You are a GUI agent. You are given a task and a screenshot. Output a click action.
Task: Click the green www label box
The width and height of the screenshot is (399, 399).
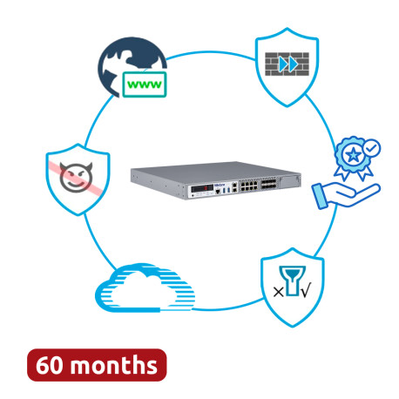145,85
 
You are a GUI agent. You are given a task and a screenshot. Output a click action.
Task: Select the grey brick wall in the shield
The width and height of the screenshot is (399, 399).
287,64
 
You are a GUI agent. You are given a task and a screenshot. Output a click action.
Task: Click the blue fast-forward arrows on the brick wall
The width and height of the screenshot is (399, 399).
288,64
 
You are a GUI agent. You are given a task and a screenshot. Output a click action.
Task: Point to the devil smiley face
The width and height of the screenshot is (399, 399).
76,177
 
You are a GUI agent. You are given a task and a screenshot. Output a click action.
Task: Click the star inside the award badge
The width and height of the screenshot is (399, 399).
353,155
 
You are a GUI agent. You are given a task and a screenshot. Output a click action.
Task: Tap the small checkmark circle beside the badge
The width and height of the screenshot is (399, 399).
372,148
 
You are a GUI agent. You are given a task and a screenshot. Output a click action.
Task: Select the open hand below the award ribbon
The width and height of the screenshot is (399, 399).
346,196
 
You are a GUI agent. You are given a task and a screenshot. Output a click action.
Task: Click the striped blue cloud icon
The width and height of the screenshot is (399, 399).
145,287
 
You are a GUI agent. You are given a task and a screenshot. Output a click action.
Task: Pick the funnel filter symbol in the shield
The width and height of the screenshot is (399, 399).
292,281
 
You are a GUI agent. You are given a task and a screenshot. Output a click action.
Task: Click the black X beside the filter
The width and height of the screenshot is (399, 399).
278,292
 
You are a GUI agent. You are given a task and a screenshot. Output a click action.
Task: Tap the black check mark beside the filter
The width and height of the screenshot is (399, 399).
306,290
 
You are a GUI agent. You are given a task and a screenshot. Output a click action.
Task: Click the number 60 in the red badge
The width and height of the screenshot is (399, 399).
50,365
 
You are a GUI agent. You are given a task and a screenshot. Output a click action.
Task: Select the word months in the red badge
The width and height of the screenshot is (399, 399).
114,364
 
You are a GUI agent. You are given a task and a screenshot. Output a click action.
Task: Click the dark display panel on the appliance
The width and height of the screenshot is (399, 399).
202,188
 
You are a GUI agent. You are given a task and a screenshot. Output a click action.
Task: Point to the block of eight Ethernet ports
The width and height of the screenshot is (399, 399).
248,186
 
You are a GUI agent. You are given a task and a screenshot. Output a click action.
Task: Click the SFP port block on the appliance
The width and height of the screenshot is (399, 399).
268,184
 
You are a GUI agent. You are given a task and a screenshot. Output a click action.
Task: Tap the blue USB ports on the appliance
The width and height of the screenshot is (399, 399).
227,190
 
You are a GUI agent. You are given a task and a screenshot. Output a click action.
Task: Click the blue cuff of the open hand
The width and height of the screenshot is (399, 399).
320,196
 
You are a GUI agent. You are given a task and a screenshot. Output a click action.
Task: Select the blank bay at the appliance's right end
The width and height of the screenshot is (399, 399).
289,181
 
